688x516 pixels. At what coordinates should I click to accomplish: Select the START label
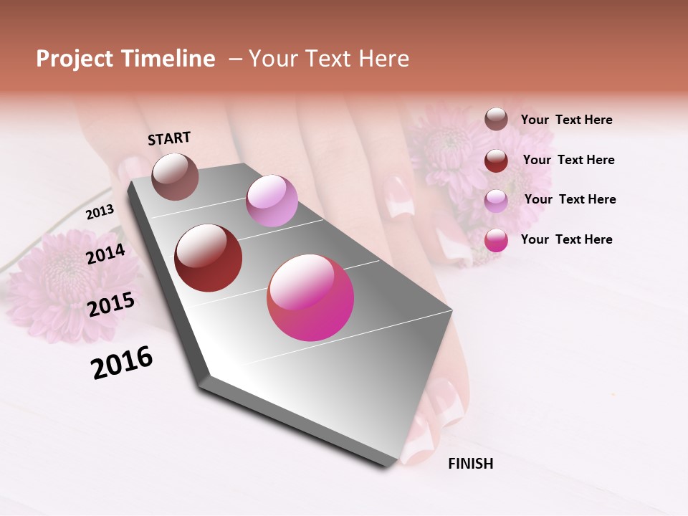[169, 138]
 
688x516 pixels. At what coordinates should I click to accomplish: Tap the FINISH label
[470, 464]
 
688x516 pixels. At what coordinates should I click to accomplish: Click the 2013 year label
[100, 212]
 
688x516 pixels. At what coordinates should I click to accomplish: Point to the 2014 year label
[105, 254]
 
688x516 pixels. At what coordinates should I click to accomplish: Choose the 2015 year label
[110, 305]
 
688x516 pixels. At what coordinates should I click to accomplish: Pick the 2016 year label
[122, 363]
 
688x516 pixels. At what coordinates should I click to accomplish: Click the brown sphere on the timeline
[175, 176]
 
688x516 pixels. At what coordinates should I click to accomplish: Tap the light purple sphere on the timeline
[272, 201]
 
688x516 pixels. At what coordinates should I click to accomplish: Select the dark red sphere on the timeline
[209, 258]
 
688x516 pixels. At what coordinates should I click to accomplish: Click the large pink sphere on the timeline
[310, 297]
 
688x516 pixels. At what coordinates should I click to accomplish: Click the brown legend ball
[496, 119]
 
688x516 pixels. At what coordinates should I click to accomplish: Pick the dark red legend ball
[496, 160]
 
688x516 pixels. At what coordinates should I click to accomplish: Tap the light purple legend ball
[496, 200]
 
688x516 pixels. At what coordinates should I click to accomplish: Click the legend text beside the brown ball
[566, 120]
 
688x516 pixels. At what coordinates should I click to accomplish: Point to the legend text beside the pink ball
[566, 239]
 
